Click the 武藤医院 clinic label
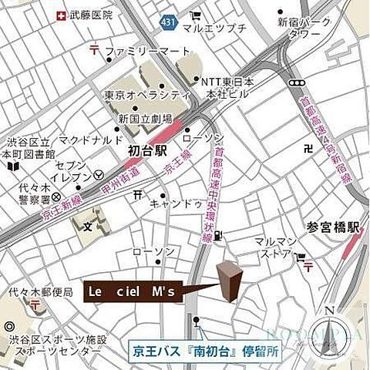click(91, 15)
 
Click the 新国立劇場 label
click(145, 119)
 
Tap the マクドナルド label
click(91, 140)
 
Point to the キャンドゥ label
click(176, 203)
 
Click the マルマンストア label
click(275, 247)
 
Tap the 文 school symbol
click(87, 228)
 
